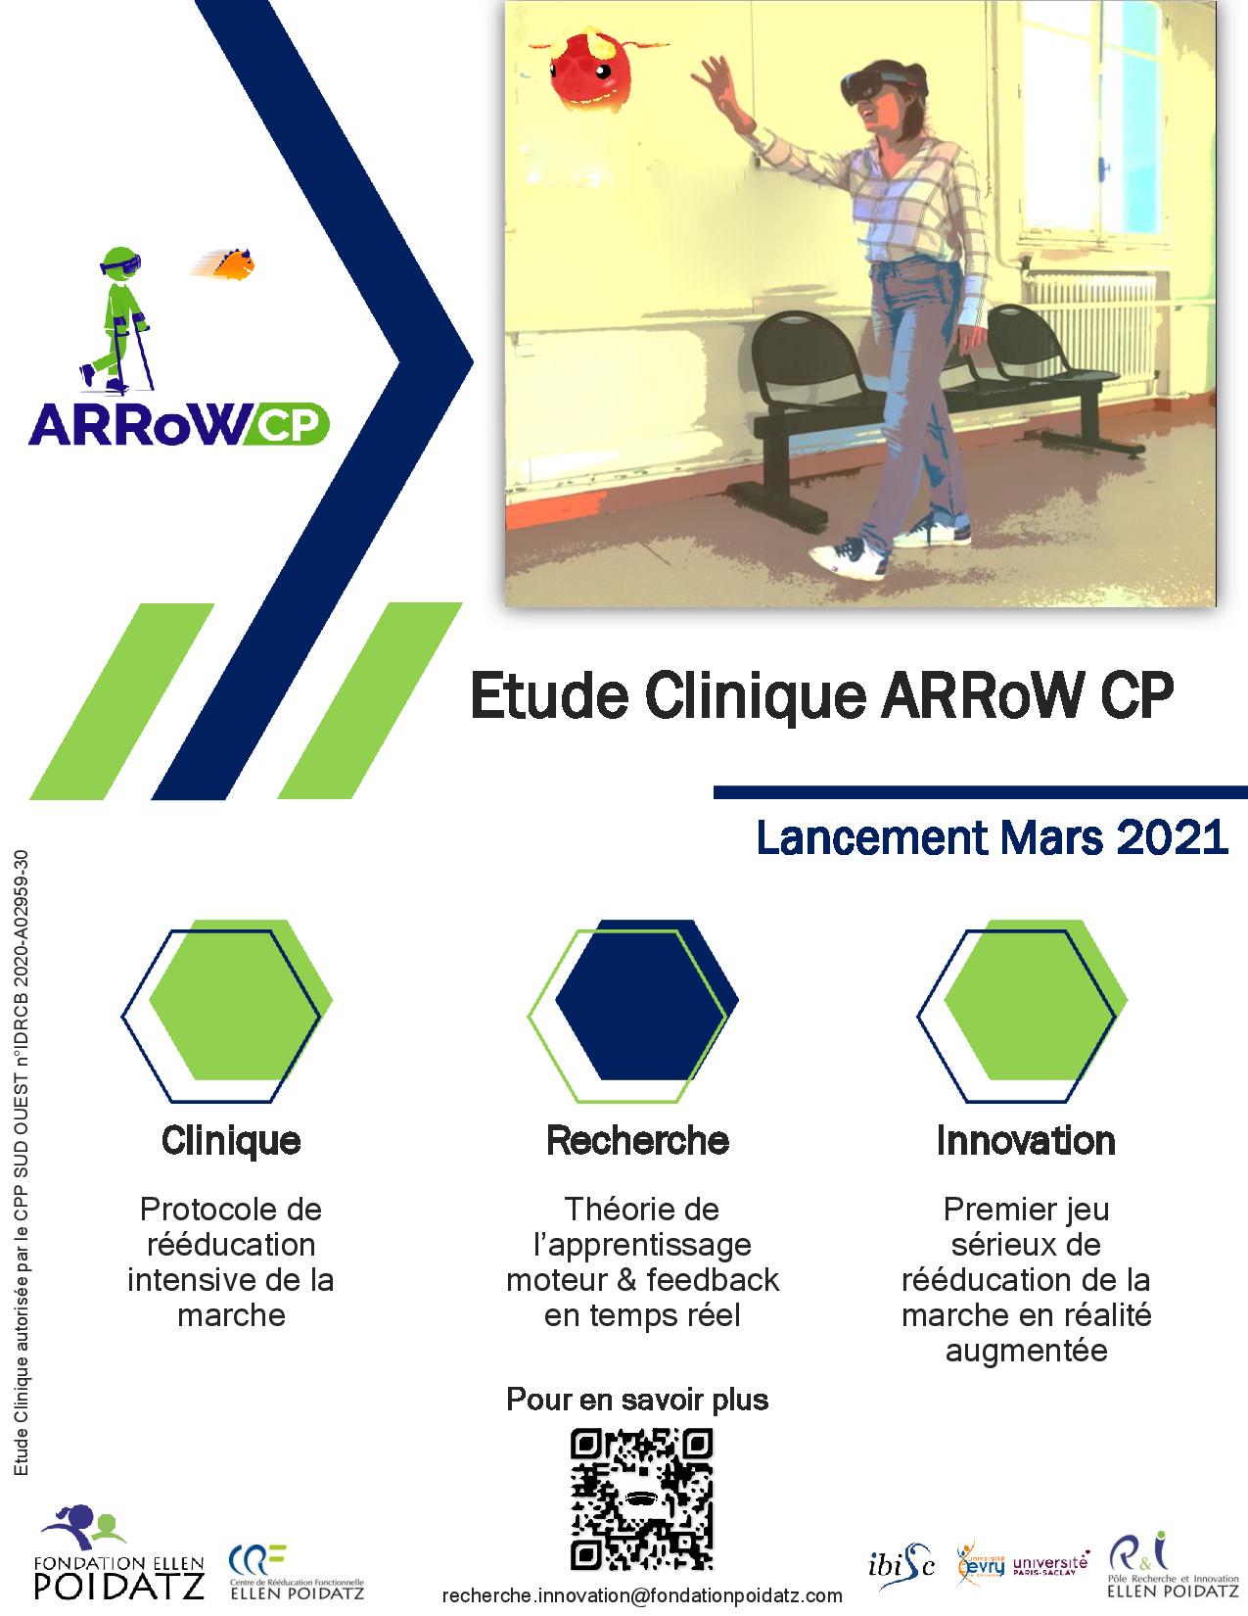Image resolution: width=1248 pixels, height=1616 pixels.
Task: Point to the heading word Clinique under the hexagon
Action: pos(231,1142)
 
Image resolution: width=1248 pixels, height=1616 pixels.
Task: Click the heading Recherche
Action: pos(638,1141)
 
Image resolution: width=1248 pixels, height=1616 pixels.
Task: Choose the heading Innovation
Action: pos(1026,1141)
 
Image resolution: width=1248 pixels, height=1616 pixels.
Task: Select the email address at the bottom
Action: pos(642,1595)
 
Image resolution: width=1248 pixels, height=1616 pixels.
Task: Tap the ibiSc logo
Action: pos(901,1566)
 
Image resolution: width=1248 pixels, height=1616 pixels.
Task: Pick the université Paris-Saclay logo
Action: pos(1051,1564)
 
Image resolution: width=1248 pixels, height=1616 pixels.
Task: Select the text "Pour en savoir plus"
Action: pos(637,1400)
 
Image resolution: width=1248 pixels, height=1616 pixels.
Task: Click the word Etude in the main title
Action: pos(549,695)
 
